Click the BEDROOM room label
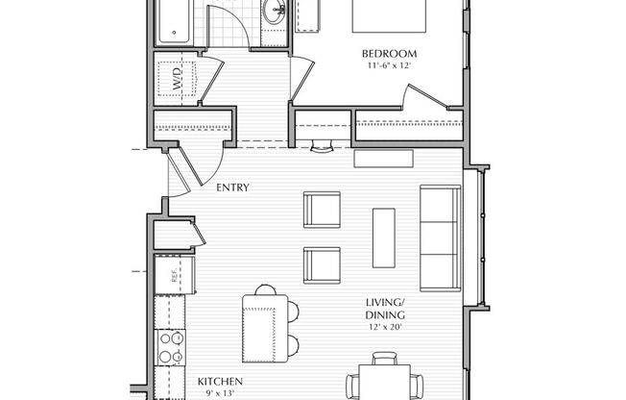click(x=389, y=54)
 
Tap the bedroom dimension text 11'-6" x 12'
click(x=389, y=65)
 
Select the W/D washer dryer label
click(x=177, y=79)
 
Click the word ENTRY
click(x=232, y=187)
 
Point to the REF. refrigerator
click(x=175, y=275)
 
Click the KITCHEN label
click(x=220, y=382)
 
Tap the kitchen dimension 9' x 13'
click(x=219, y=393)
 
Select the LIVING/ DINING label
click(x=385, y=308)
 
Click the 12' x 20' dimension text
click(x=385, y=327)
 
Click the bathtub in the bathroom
click(x=173, y=21)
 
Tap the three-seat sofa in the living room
click(x=441, y=238)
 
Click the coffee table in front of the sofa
click(x=384, y=237)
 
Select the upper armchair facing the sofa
click(x=322, y=210)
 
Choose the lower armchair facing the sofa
click(x=322, y=265)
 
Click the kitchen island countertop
click(x=265, y=329)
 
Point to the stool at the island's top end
click(x=266, y=289)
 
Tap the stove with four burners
click(x=170, y=347)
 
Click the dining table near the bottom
click(x=384, y=382)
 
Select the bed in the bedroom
click(x=389, y=16)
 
